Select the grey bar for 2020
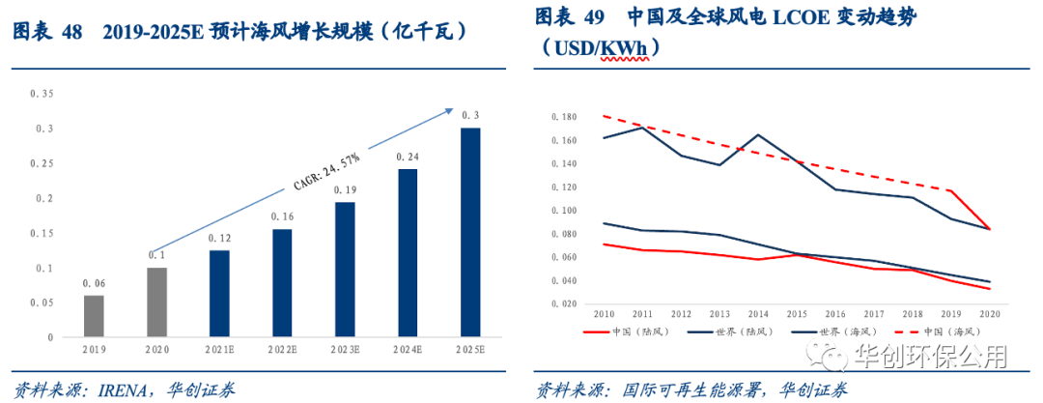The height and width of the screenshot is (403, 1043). (156, 302)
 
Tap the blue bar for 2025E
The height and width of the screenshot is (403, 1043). (469, 233)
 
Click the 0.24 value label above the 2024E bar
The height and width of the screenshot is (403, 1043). (407, 157)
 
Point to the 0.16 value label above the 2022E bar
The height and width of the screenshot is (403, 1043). (282, 216)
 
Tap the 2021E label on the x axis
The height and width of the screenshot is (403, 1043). (219, 349)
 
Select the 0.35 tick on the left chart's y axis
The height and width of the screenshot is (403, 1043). (42, 94)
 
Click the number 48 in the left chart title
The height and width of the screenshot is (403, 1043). (72, 31)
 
